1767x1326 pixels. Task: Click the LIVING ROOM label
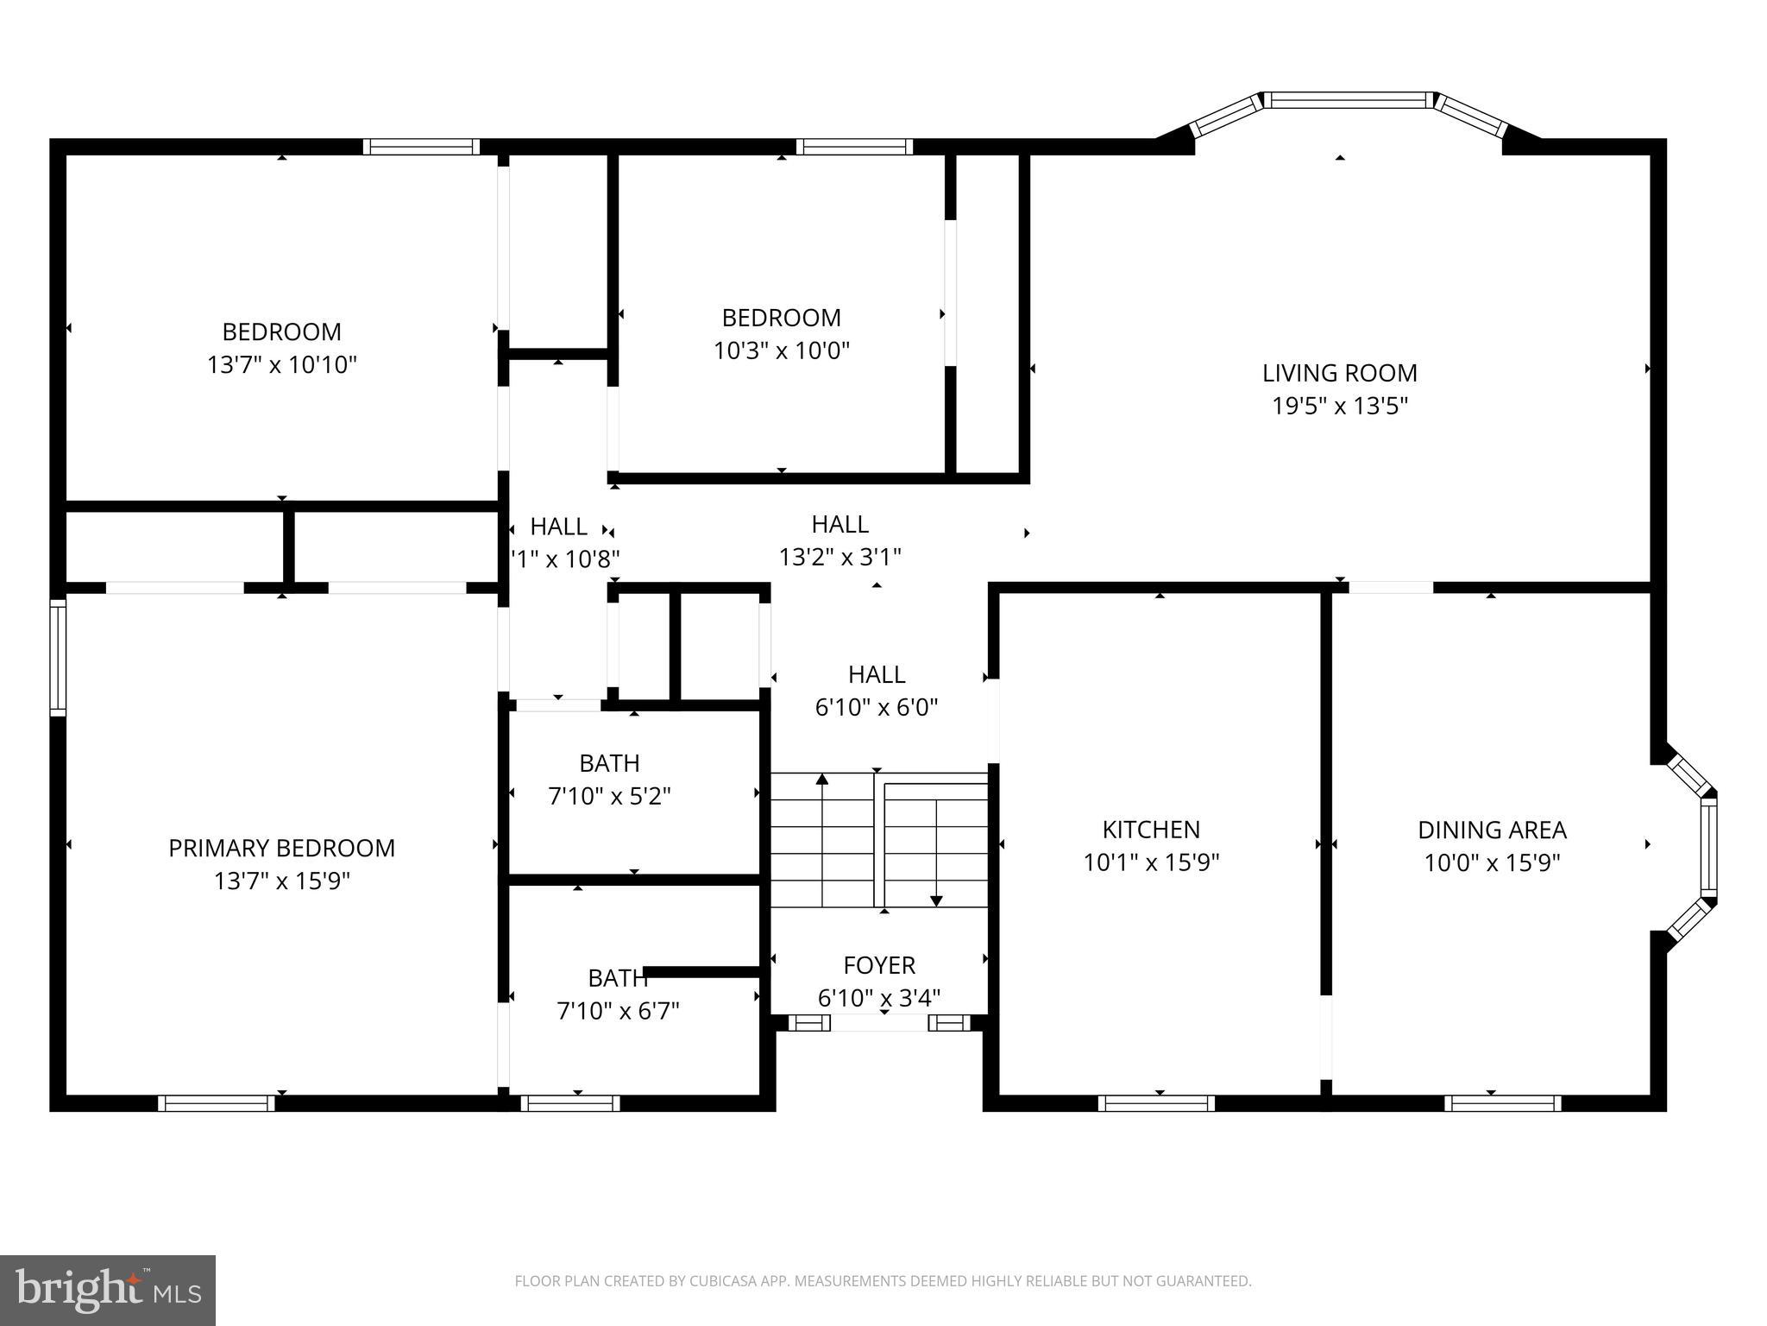point(1339,373)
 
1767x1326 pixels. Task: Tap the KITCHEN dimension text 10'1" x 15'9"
point(1151,862)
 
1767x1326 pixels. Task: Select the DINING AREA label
point(1492,830)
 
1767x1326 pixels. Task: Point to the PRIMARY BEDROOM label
point(281,848)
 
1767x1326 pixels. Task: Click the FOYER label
point(879,964)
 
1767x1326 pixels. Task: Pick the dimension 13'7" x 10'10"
point(281,364)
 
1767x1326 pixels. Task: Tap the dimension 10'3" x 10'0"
point(781,350)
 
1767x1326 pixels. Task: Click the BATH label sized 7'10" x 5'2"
point(609,763)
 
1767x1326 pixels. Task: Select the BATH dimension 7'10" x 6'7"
point(618,1010)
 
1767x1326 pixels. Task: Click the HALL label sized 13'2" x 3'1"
point(839,524)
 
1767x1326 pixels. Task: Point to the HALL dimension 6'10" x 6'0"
point(876,707)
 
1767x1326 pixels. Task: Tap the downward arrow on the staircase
point(936,900)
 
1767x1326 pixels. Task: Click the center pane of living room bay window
point(1348,100)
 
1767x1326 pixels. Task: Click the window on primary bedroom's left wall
point(58,658)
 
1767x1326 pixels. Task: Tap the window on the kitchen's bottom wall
point(1156,1102)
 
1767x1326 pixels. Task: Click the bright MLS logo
point(108,1290)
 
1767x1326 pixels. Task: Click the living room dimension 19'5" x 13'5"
point(1339,406)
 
